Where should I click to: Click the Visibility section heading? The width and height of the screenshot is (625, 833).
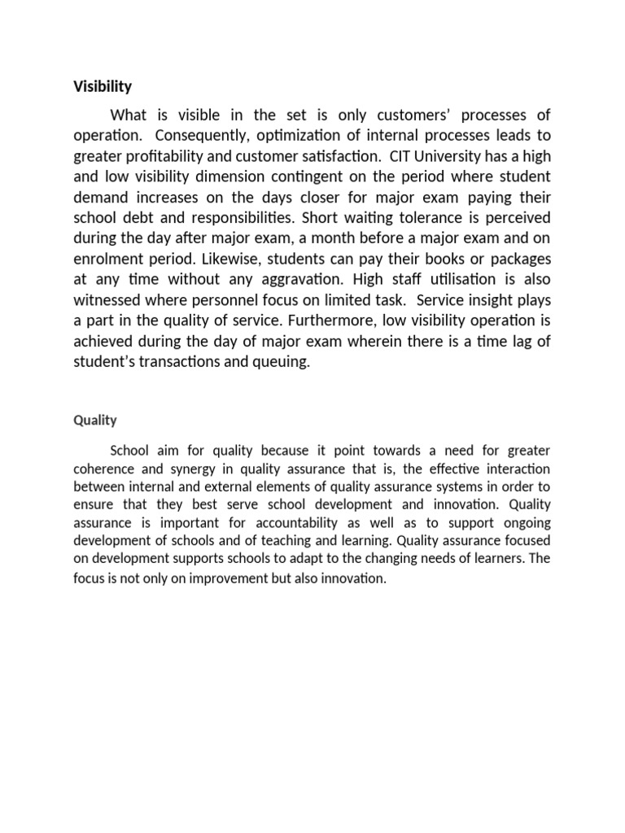click(103, 85)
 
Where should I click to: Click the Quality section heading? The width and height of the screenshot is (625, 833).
click(95, 421)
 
